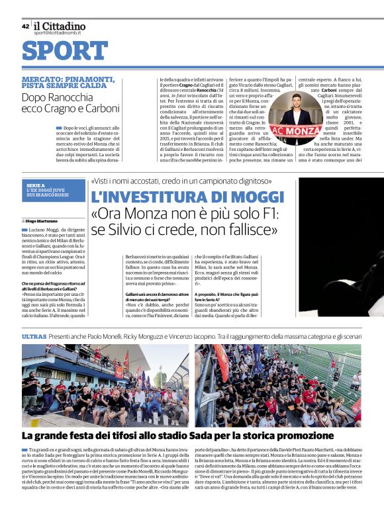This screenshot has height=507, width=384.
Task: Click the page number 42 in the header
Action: click(x=25, y=26)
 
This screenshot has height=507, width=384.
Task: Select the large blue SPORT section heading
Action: click(x=65, y=52)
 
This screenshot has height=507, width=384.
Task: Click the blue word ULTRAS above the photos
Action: click(x=34, y=337)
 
